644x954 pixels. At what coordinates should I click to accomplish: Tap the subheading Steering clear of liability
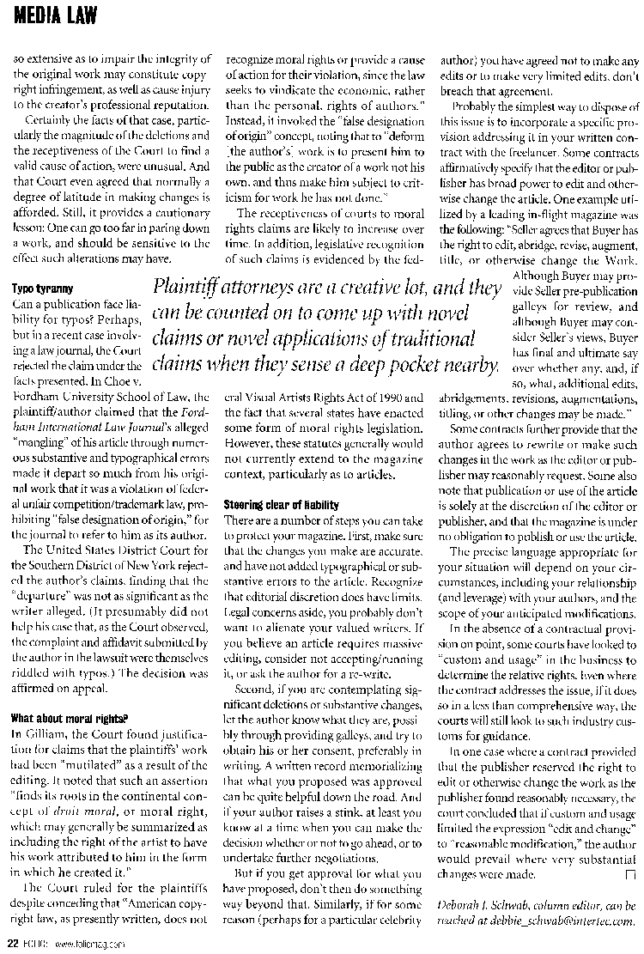click(x=281, y=504)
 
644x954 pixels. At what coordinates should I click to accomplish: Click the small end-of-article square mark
click(x=630, y=874)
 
